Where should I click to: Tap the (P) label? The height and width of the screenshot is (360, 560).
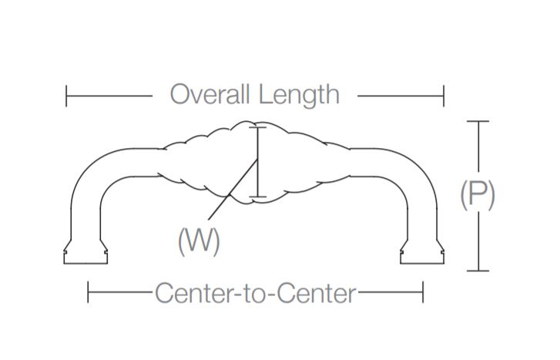coord(478,195)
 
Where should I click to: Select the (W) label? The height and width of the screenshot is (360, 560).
coord(200,242)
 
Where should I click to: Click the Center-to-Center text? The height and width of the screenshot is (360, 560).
coord(255,294)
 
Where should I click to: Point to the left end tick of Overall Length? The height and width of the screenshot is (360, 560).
coord(67,96)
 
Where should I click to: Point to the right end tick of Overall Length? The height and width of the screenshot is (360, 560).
coord(444,96)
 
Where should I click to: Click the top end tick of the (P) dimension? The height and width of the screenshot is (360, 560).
coord(478,122)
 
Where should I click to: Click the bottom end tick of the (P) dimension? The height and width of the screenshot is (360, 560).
coord(478,271)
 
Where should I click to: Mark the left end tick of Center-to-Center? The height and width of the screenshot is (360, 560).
coord(89,293)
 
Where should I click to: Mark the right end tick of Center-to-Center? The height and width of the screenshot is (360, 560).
coord(423,293)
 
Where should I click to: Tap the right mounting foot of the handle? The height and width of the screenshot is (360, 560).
coord(422,254)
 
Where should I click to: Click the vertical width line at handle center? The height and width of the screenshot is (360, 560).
coord(259,162)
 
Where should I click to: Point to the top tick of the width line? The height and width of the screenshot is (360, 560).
coord(259,127)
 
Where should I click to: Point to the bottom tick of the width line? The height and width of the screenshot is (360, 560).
coord(259,197)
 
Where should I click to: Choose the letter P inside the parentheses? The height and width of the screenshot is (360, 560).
coord(478,195)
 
